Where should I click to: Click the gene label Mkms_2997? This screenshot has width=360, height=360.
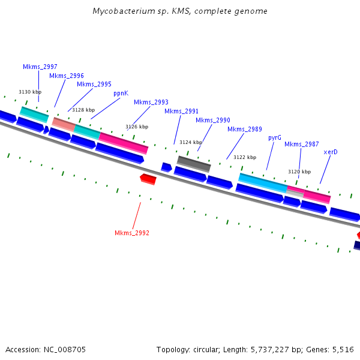coord(40,67)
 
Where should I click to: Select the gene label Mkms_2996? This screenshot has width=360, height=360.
coord(67,76)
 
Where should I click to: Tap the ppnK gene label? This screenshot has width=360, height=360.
coord(121,94)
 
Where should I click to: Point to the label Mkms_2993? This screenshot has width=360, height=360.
coord(151,102)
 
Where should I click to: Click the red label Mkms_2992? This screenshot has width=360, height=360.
coord(132,233)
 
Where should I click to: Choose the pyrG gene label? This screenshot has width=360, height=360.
coord(275,138)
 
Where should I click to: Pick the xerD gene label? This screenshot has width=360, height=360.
coord(331,152)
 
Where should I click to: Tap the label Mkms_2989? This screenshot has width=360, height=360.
coord(245,129)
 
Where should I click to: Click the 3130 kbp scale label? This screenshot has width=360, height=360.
coord(30,92)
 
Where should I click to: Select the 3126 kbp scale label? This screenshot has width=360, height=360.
coord(137,127)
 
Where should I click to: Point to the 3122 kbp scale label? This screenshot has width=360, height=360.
coord(245,157)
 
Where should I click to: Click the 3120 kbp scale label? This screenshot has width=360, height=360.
coord(299,172)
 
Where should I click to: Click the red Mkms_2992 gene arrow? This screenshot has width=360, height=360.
coord(148,179)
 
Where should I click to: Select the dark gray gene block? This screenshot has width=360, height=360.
coord(194,164)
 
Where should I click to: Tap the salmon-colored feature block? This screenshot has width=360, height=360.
coord(64,124)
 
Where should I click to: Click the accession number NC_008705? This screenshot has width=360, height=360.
coord(65,350)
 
